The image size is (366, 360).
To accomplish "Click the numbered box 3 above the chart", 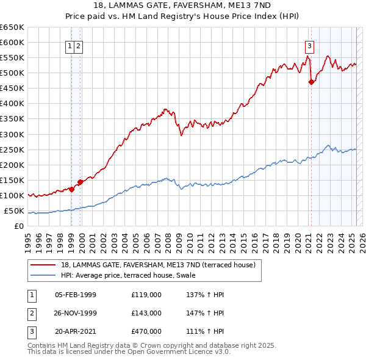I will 310,45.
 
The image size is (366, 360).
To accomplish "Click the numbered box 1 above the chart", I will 71,45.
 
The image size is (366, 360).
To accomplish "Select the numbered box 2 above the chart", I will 79,45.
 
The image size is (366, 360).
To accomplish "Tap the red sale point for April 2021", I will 311,82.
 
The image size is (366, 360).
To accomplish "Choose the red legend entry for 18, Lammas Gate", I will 161,264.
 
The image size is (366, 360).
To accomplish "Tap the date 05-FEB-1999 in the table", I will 76,295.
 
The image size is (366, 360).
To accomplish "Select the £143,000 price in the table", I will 146,313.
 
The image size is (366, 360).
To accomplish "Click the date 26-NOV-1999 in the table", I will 76,313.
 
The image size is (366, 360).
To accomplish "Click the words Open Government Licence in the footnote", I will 177,352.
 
